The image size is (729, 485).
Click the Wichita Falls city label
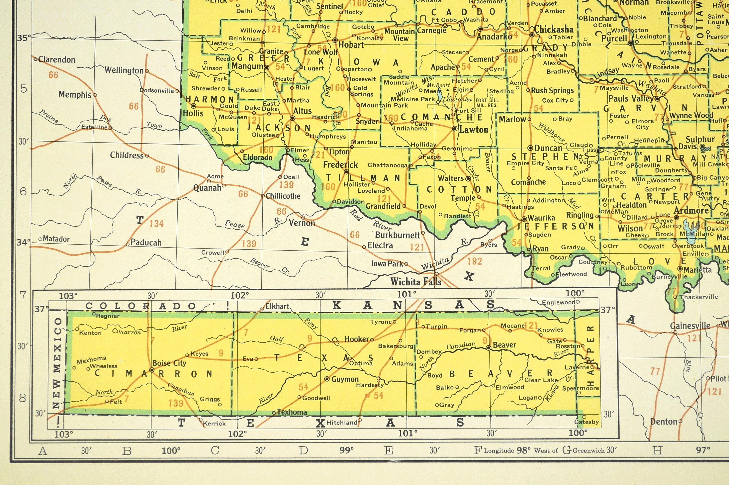[416, 282]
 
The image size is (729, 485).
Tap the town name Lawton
[473, 130]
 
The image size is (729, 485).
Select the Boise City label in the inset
[169, 363]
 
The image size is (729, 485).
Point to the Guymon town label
[345, 379]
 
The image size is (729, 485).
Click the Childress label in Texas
[127, 155]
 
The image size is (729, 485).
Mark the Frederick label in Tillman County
[340, 165]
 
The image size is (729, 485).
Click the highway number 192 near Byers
[475, 261]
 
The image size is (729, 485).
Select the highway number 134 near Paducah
[156, 223]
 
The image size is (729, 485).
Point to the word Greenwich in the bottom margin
[588, 450]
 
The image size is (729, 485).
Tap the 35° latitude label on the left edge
[24, 38]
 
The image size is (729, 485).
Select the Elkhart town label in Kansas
[277, 306]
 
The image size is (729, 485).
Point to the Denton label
[663, 422]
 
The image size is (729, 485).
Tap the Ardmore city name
[691, 211]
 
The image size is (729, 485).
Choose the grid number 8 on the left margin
[23, 398]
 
